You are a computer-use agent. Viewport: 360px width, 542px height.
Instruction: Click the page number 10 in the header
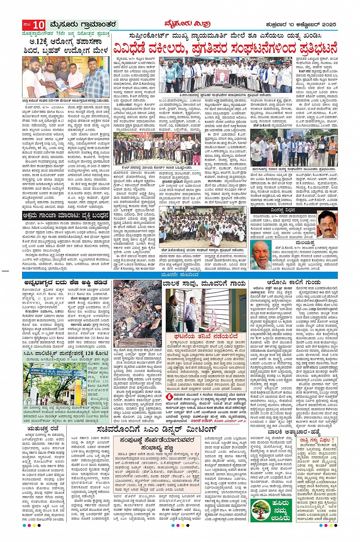(x=38, y=26)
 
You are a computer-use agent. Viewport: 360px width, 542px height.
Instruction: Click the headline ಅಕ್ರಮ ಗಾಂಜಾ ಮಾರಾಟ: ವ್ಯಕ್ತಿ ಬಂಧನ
(x=66, y=215)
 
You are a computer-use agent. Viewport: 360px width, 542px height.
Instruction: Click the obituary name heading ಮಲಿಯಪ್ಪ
(x=304, y=242)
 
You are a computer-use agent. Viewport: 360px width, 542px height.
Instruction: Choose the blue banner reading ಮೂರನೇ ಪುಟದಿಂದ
(x=180, y=274)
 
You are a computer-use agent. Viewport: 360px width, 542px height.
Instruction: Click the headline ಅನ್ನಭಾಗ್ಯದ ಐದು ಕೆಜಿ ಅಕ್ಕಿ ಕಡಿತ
(x=66, y=283)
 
